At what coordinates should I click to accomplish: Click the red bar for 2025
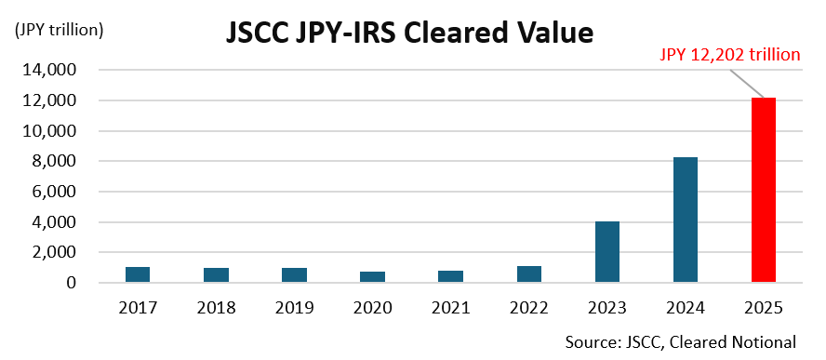tap(764, 190)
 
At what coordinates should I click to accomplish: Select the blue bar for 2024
tap(686, 220)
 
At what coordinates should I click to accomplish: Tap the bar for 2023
tap(607, 251)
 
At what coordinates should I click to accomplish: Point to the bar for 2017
tap(138, 274)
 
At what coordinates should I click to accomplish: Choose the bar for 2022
tap(529, 273)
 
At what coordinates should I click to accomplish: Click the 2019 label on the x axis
tap(294, 305)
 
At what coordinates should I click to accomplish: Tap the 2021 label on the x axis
tap(451, 305)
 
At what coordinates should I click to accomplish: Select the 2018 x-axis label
tap(216, 305)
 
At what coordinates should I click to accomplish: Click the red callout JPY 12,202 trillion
tap(730, 55)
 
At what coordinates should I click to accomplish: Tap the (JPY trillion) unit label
tap(59, 29)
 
